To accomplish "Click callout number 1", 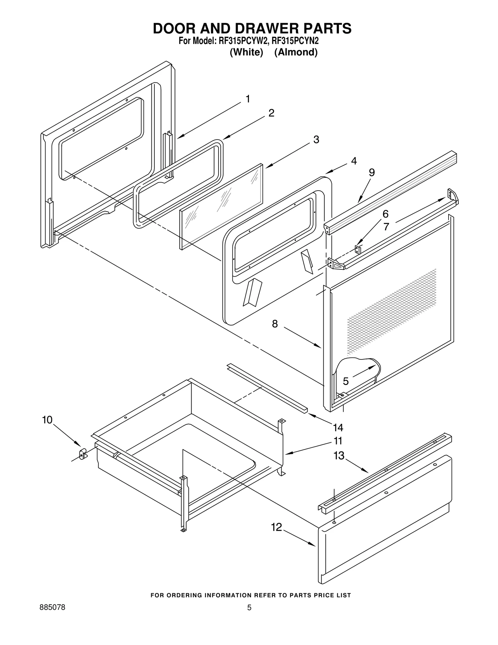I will (248, 99).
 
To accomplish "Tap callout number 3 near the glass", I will (316, 140).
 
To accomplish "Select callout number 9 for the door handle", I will (372, 173).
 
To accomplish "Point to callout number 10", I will (47, 420).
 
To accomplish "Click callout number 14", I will (338, 428).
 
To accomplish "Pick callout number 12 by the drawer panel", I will (276, 527).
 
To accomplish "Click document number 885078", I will (53, 608).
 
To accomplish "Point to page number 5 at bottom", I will (249, 608).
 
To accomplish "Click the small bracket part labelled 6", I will (358, 249).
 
